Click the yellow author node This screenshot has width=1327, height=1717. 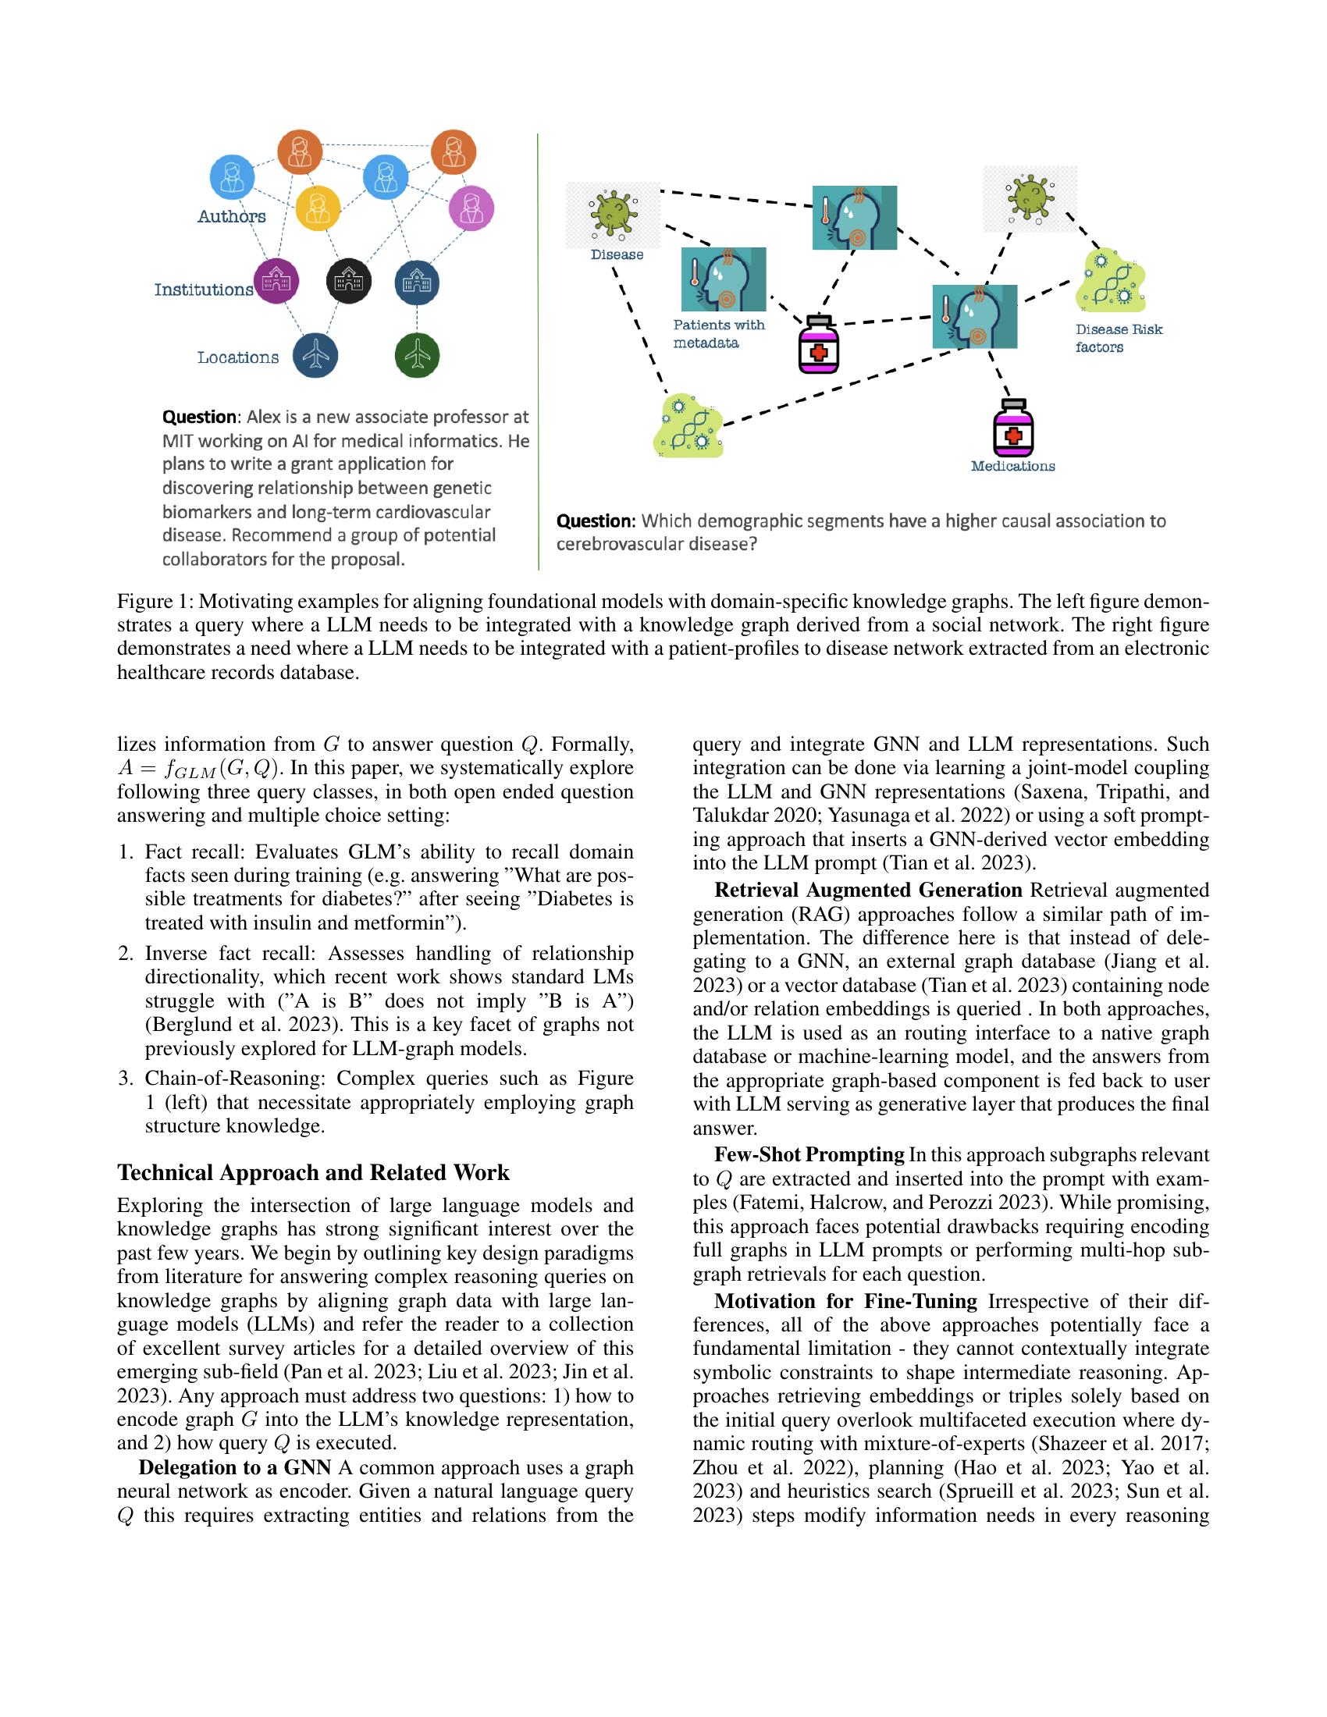pos(318,208)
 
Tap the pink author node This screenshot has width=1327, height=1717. pos(471,208)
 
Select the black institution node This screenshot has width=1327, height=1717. pos(348,281)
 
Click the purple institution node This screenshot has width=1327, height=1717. pos(277,281)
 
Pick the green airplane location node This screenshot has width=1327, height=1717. pos(417,354)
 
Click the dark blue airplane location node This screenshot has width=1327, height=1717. pos(315,354)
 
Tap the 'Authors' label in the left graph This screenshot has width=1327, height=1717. pos(231,216)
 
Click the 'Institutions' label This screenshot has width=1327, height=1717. pos(204,290)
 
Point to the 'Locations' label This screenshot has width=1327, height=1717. pos(237,357)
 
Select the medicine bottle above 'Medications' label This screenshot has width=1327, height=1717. pos(1013,428)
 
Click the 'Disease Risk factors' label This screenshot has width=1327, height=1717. pos(1118,338)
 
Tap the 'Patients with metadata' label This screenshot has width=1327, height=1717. pos(717,333)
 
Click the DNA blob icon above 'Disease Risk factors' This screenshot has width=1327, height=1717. pos(1111,281)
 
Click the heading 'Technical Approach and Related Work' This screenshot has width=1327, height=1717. pos(313,1172)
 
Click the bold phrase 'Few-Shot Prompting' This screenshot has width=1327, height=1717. pos(809,1154)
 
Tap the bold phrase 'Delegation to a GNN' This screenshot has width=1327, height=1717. pos(234,1467)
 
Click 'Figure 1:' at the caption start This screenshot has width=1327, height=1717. pos(155,602)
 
